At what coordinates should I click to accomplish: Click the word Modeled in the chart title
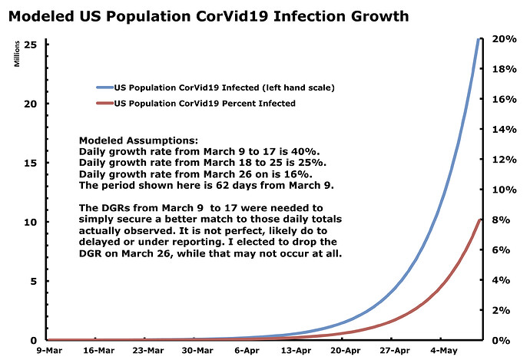tap(41, 16)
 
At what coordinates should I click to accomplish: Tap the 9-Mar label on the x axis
tap(49, 351)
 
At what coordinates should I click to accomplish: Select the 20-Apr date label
tap(345, 351)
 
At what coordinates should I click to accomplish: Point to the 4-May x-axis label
tap(443, 351)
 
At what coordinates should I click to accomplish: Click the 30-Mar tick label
tap(197, 351)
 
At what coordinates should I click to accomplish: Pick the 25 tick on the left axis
tap(31, 45)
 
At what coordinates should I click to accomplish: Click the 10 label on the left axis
tap(31, 222)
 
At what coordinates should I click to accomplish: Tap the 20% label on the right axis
tap(505, 39)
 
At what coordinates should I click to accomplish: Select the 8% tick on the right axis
tap(502, 220)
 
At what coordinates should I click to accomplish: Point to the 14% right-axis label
tap(505, 130)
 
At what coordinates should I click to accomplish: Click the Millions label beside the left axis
tap(17, 54)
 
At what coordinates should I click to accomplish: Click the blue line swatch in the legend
tap(104, 88)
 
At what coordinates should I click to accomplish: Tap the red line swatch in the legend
tap(104, 103)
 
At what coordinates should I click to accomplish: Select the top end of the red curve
tap(479, 220)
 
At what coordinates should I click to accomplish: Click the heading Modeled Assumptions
tap(138, 140)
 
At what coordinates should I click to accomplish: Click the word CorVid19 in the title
tap(231, 16)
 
